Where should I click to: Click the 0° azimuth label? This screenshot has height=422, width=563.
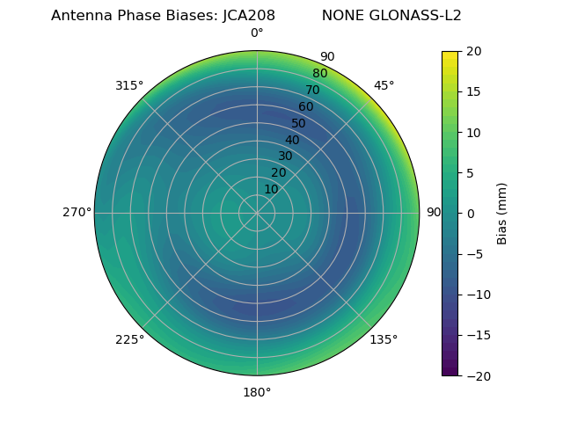[257, 33]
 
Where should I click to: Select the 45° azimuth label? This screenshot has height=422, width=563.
[384, 85]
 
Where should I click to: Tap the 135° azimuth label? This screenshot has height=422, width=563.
[384, 339]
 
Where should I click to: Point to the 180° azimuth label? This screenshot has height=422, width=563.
[257, 392]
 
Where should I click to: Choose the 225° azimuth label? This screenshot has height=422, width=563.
[129, 339]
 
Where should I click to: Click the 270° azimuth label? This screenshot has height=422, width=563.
[77, 212]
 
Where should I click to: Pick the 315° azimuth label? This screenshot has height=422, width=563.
[129, 85]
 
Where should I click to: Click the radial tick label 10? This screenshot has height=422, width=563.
[272, 189]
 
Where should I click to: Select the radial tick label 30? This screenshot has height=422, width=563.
[285, 156]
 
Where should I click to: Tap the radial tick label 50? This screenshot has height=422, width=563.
[299, 123]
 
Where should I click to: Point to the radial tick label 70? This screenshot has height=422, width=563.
[313, 90]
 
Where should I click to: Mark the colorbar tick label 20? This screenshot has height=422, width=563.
[474, 51]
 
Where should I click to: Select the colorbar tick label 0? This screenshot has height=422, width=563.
[471, 213]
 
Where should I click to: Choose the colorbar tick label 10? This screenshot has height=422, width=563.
[474, 132]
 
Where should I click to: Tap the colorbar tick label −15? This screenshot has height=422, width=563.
[478, 335]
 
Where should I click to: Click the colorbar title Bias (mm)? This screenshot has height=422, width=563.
[502, 213]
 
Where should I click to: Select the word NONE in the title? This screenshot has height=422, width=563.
[340, 16]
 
